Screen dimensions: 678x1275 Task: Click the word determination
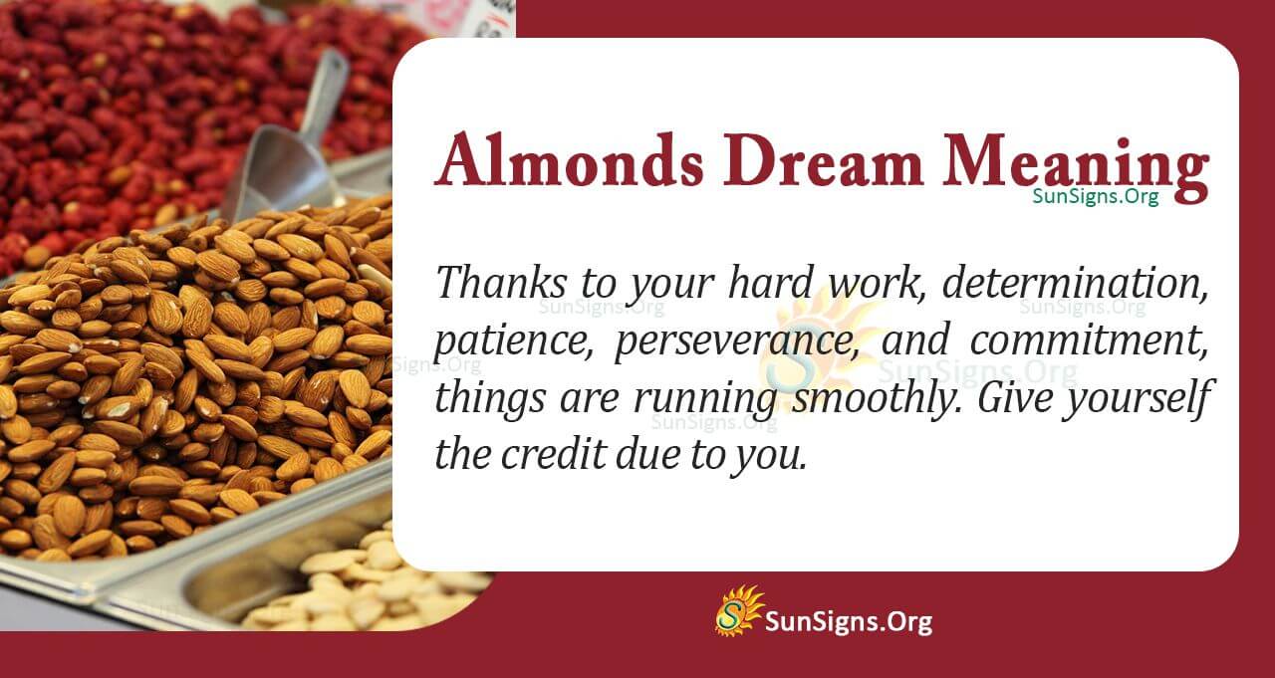tap(1076, 285)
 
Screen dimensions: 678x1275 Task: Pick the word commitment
tap(1090, 341)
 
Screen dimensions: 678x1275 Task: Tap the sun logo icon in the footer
tap(738, 610)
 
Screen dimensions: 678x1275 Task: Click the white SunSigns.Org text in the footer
tap(848, 623)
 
